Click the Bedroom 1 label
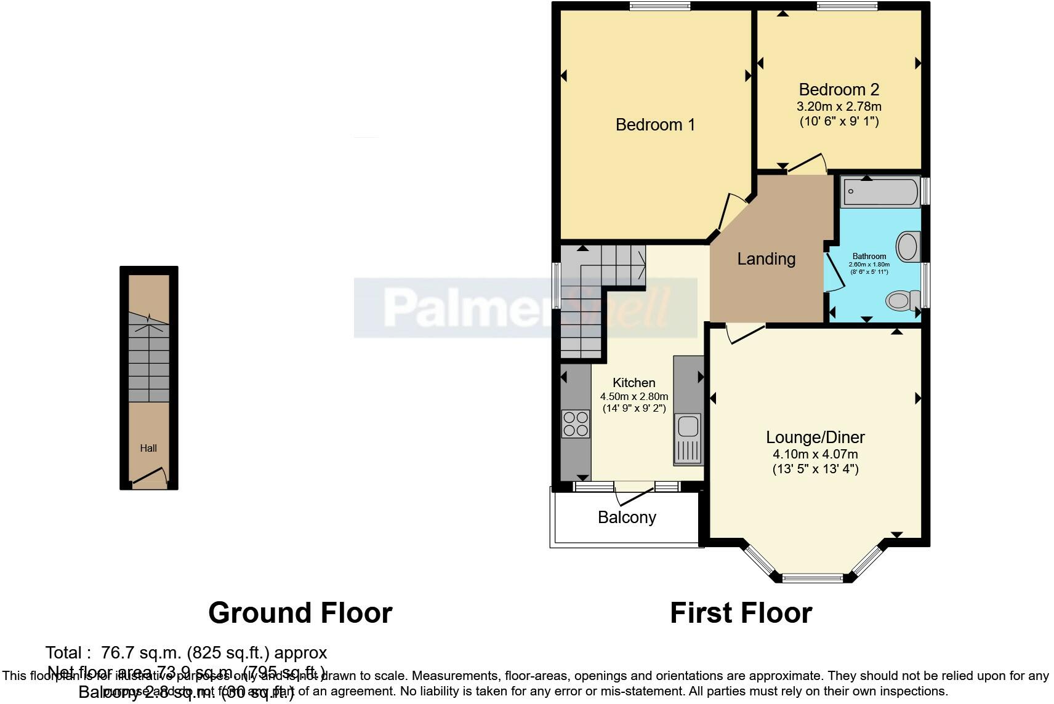[x=655, y=125]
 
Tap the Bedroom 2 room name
[x=839, y=90]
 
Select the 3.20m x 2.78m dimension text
[x=839, y=106]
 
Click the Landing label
[x=766, y=259]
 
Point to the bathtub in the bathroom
[x=880, y=191]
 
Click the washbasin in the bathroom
[x=907, y=247]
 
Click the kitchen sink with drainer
[x=688, y=439]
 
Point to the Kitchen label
[x=634, y=383]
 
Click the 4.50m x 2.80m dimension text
[x=634, y=396]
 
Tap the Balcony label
[x=626, y=518]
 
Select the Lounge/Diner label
[x=815, y=438]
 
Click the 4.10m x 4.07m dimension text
[x=815, y=455]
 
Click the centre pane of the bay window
[x=812, y=578]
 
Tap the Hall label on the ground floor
[x=148, y=449]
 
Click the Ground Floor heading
[x=300, y=613]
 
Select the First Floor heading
[x=741, y=613]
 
